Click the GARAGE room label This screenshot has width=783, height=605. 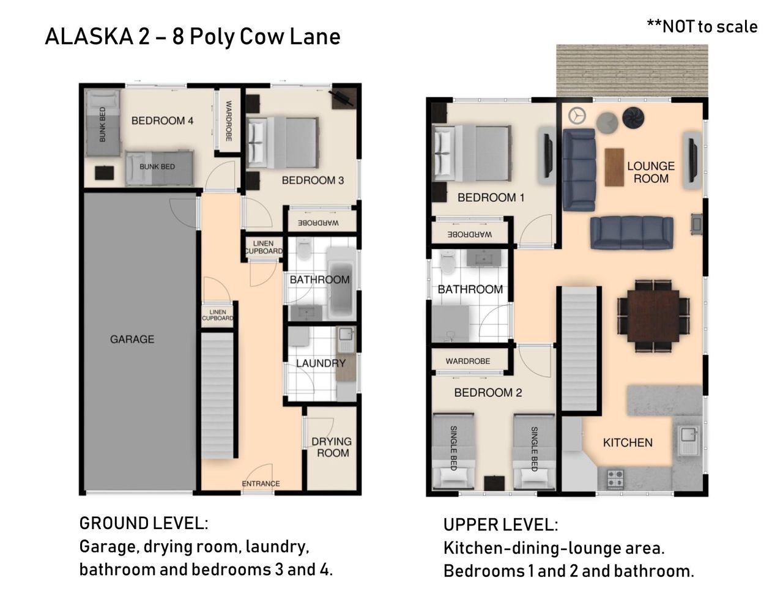[132, 339]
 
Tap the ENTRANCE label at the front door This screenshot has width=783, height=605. [261, 483]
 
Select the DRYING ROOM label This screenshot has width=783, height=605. [332, 447]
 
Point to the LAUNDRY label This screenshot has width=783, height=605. [321, 363]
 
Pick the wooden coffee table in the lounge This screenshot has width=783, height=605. [614, 167]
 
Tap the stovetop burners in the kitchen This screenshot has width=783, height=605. [615, 478]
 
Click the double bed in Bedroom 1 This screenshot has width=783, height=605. [472, 153]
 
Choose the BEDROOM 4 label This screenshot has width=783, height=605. [162, 121]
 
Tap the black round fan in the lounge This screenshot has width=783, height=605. [634, 117]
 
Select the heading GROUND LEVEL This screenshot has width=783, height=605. [144, 523]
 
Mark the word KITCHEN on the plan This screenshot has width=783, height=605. [628, 442]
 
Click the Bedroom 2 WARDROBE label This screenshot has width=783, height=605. [468, 361]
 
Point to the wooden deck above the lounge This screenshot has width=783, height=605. [632, 70]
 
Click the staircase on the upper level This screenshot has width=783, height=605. [580, 349]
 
